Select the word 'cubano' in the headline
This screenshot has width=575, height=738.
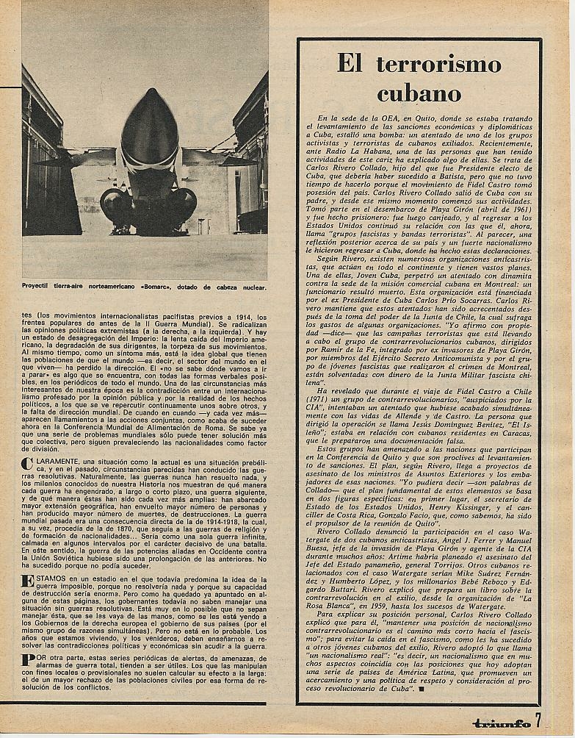click(419, 93)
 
